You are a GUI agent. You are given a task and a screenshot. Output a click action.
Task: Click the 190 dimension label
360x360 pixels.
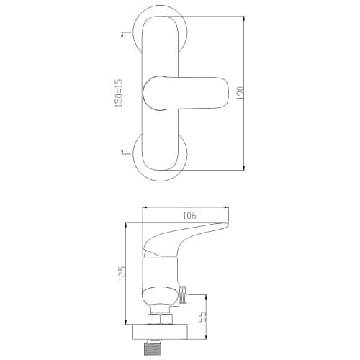pos(240,93)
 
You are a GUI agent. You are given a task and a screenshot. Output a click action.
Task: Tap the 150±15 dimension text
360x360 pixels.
pos(119,93)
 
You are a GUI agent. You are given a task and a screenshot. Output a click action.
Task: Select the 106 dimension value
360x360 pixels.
pos(189,215)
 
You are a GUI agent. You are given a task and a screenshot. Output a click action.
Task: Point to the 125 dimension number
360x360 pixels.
pos(122,274)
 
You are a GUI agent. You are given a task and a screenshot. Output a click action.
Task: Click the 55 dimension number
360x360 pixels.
pos(203,317)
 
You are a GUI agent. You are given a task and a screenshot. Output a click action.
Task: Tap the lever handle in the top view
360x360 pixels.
pos(186,94)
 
